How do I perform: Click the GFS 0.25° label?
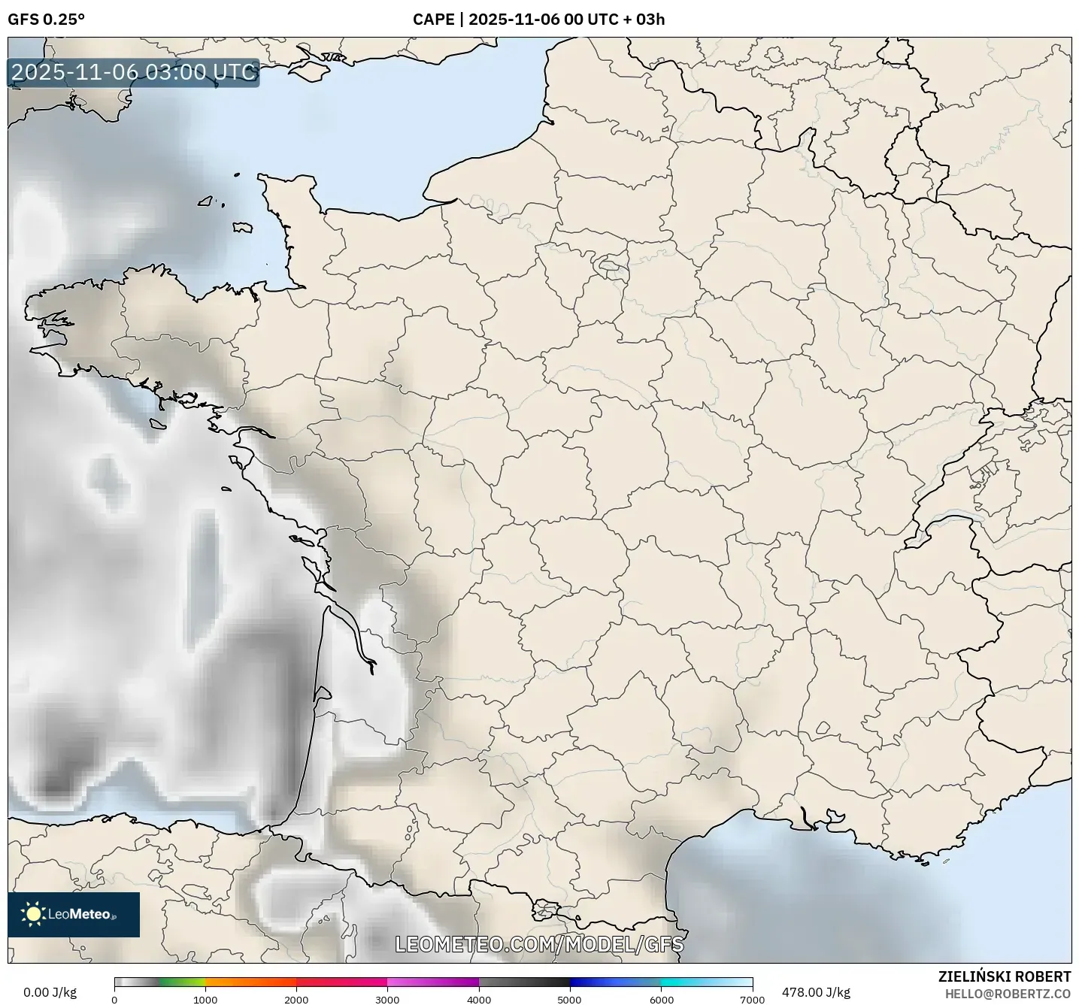coord(46,20)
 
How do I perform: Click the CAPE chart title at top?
coord(538,20)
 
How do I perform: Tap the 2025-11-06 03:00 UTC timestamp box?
coord(134,73)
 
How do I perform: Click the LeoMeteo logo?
coord(74,914)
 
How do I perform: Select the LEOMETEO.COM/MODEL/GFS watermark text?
coord(539,944)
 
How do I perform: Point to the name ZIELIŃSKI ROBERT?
coord(1005,976)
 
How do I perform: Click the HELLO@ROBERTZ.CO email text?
coord(1008,994)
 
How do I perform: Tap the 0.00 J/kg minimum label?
coord(50,992)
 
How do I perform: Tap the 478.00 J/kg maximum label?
coord(816,992)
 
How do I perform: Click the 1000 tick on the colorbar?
coord(205,999)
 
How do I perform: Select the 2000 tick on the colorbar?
coord(296,999)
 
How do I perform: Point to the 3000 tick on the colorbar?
coord(387,999)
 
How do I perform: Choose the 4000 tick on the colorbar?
coord(479,999)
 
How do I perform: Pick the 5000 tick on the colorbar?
coord(570,999)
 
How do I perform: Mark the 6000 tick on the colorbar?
coord(661,999)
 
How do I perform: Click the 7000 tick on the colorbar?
coord(752,999)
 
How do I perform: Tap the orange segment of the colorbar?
coord(248,982)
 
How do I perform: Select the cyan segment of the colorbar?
coord(688,982)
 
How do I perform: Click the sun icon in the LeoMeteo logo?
coord(33,914)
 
